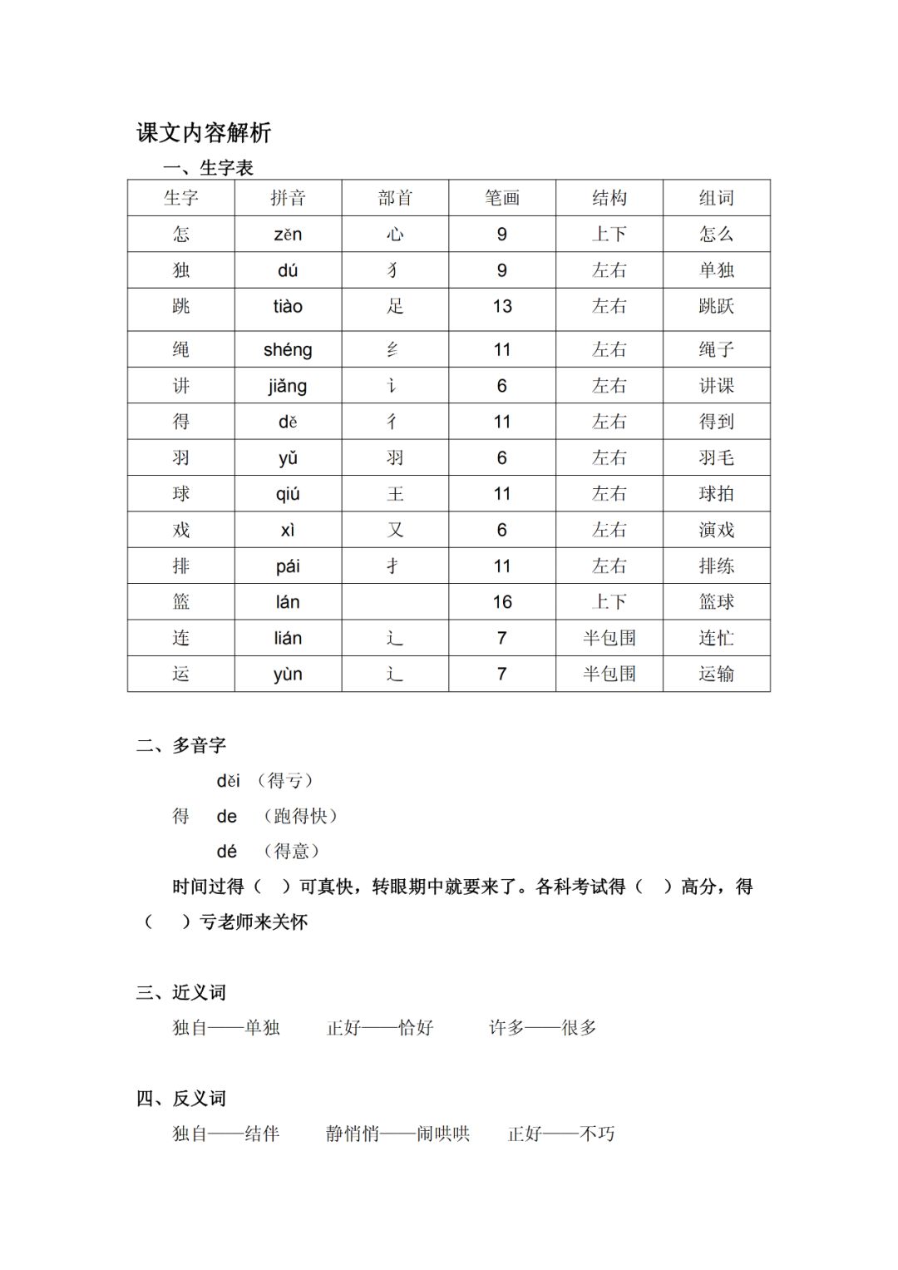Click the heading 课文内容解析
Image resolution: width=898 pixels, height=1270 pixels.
(x=204, y=133)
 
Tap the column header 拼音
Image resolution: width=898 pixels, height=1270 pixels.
(x=288, y=198)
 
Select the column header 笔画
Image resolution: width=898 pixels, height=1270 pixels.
(x=502, y=198)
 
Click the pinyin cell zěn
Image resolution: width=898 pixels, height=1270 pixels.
(x=288, y=235)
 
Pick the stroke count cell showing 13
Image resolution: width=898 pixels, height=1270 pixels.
(x=502, y=307)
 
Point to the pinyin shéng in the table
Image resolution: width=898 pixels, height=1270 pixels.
(x=288, y=350)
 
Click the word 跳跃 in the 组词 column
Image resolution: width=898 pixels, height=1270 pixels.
(x=716, y=307)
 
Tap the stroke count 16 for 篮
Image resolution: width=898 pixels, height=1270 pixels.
(x=502, y=602)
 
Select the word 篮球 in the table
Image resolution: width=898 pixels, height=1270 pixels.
(x=716, y=602)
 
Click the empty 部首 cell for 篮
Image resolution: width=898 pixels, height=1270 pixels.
(x=395, y=602)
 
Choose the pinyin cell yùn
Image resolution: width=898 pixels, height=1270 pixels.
(x=288, y=675)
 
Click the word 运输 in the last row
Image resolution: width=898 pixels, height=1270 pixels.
(x=716, y=675)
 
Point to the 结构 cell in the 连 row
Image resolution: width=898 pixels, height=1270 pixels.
(x=609, y=638)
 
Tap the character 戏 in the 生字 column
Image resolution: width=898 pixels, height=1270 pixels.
(x=181, y=530)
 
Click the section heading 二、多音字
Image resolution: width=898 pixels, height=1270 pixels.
(x=181, y=745)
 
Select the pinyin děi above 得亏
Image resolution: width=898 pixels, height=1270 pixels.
(x=228, y=781)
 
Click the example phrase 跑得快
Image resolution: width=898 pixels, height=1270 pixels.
(x=300, y=817)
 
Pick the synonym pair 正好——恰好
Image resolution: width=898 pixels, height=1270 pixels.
(x=380, y=1028)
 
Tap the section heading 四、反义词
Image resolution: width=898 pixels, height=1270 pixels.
(x=181, y=1099)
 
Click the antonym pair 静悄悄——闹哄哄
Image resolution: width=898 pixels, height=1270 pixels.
(x=397, y=1134)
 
